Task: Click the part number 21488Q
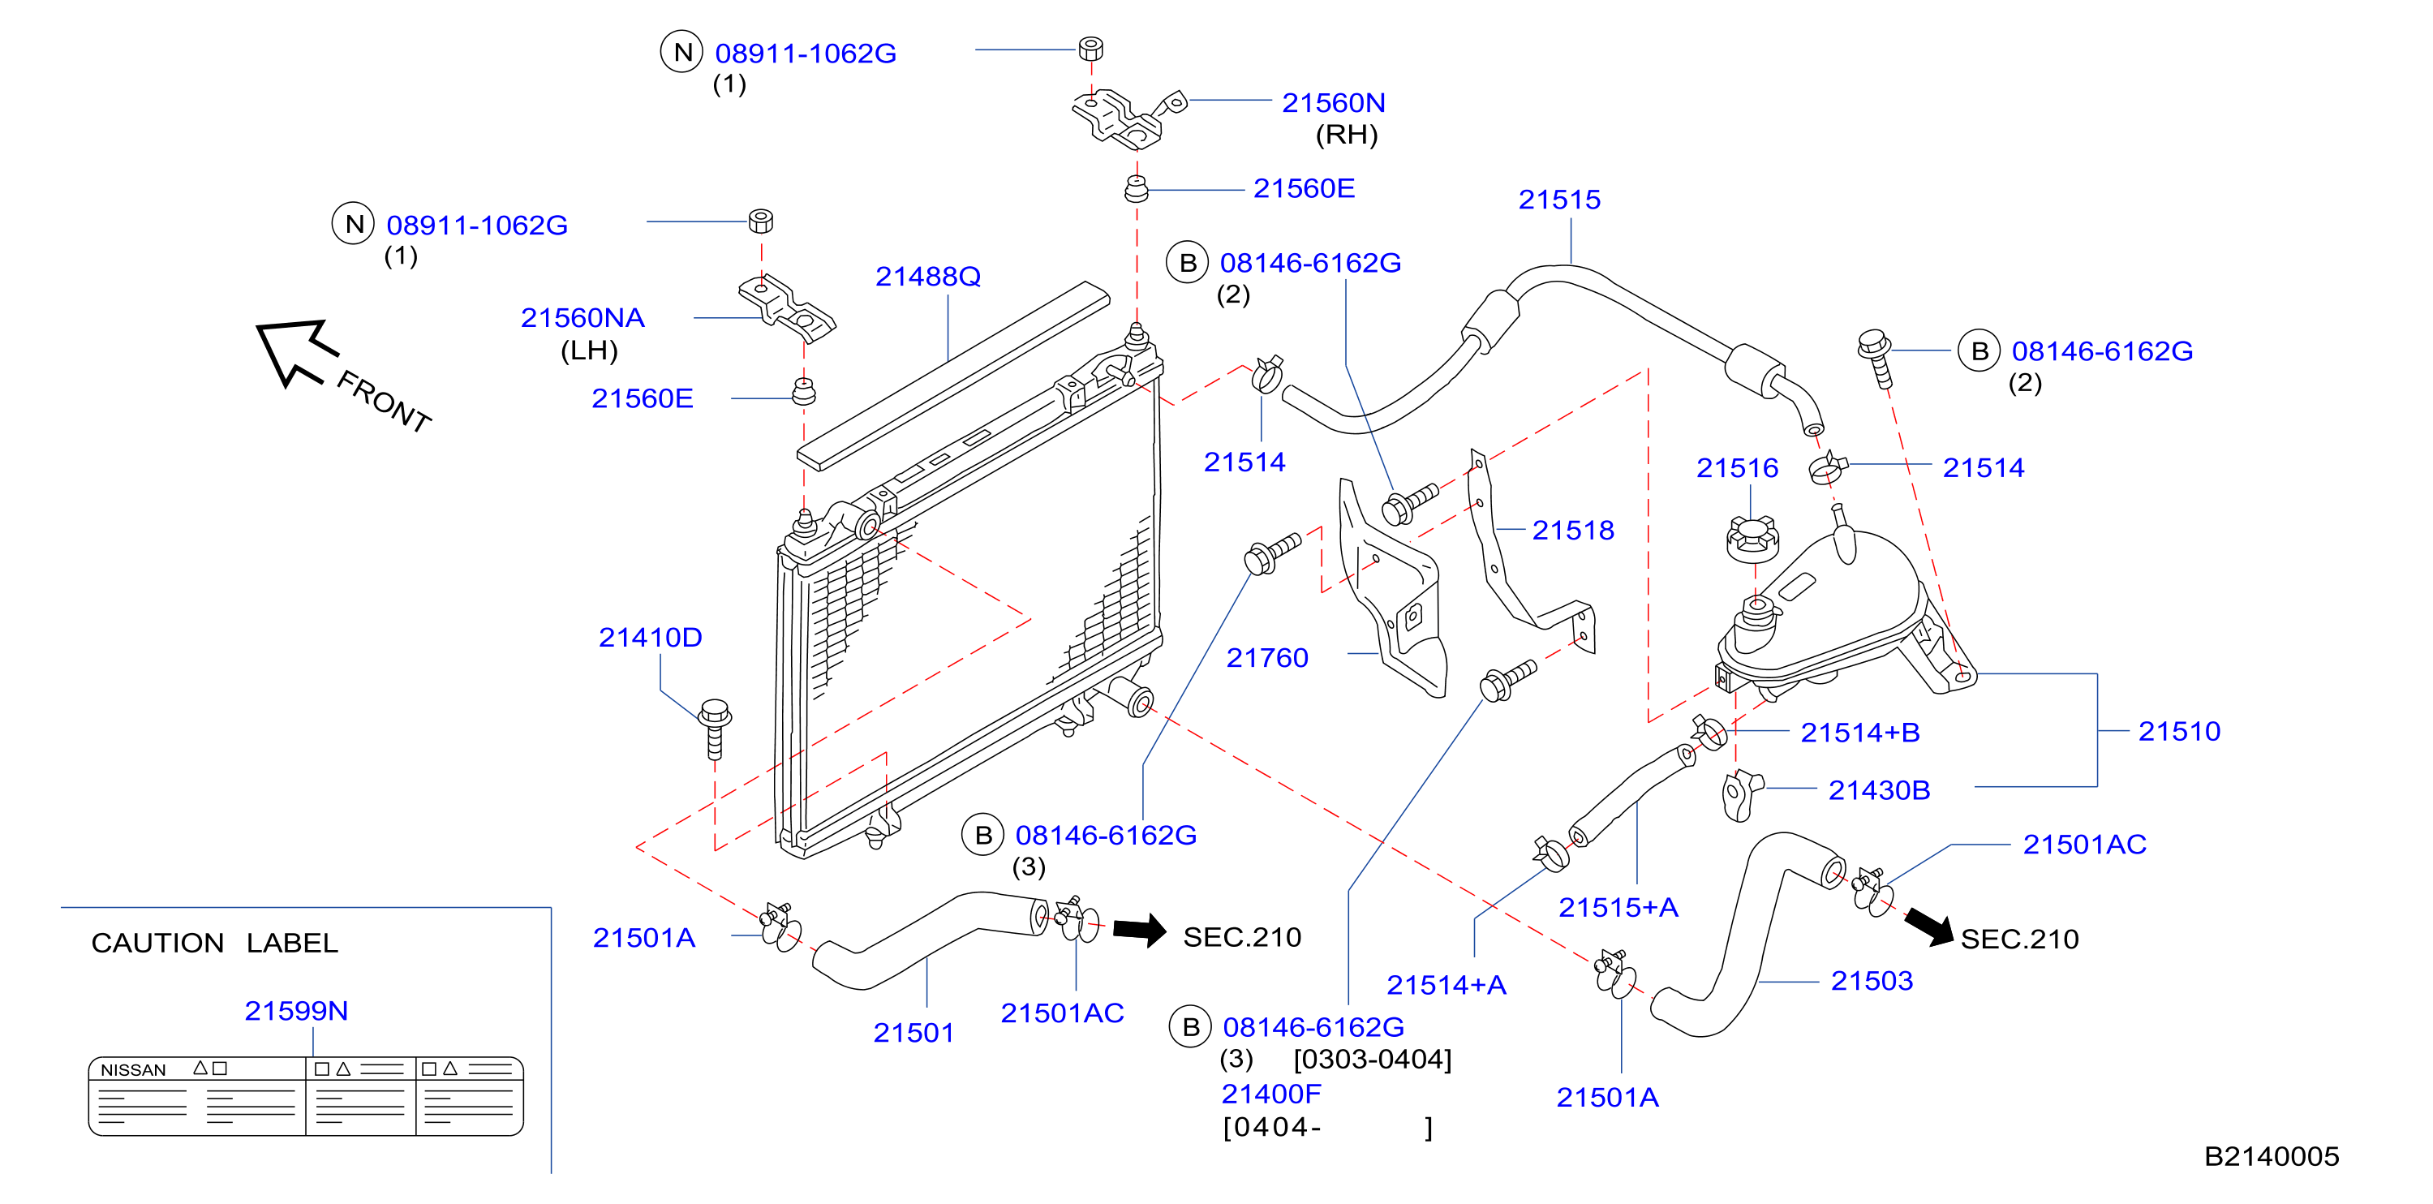click(927, 276)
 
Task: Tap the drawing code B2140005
click(2271, 1156)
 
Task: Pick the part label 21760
click(1266, 657)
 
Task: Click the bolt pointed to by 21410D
click(715, 727)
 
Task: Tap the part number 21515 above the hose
click(1559, 200)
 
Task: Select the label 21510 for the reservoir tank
click(2179, 731)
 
